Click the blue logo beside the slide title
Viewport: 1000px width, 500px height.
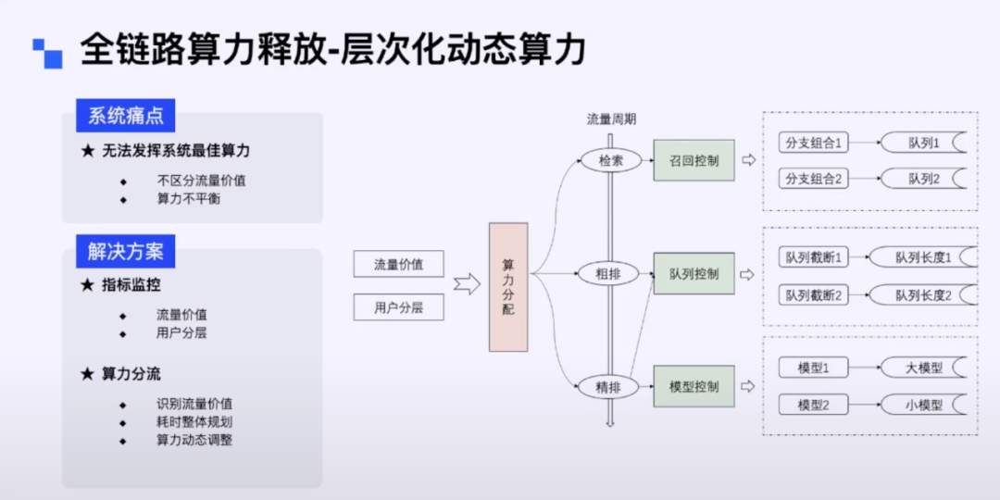tap(47, 53)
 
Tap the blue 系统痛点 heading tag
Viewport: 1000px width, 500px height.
tap(125, 116)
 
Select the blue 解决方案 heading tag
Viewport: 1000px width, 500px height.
tap(125, 251)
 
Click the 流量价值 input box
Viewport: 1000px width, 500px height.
tap(398, 264)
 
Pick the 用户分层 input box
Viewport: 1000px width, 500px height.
tap(398, 307)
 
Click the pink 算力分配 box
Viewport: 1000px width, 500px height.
tap(508, 286)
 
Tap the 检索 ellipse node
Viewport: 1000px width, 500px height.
tap(610, 160)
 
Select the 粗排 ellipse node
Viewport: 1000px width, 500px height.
tap(610, 274)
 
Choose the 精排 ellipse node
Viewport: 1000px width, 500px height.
tap(609, 386)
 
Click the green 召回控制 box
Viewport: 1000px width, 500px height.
tap(694, 160)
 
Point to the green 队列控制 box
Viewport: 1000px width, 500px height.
tap(694, 274)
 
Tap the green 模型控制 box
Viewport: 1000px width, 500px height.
tap(694, 386)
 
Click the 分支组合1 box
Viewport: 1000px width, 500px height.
tap(814, 144)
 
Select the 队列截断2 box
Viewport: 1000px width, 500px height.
tap(814, 295)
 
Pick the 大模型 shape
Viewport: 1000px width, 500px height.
tap(922, 368)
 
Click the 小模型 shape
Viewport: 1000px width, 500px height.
tap(922, 405)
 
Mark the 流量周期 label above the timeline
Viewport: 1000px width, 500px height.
tap(611, 119)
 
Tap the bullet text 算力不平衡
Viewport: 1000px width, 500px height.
tap(188, 198)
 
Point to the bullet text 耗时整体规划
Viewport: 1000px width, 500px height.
tap(194, 421)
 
